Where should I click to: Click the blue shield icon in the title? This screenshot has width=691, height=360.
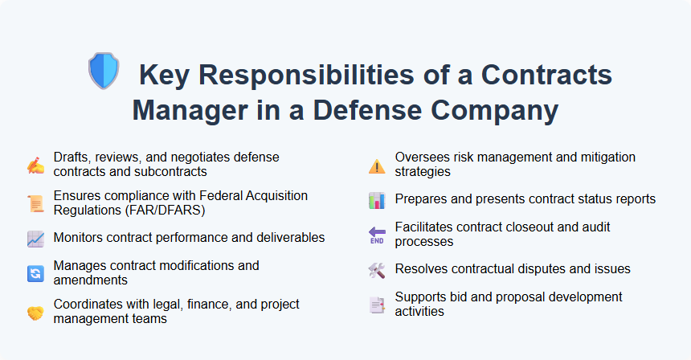(x=103, y=70)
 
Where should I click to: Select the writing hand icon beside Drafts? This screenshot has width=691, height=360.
(x=35, y=165)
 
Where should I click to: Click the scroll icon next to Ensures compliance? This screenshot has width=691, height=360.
(x=35, y=203)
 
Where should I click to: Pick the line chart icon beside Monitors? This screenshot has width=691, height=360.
(x=35, y=239)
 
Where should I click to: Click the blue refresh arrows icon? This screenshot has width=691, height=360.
(x=35, y=273)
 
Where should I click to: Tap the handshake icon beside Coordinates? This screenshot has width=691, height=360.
(x=35, y=312)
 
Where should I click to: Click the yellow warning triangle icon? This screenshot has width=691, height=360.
(x=377, y=166)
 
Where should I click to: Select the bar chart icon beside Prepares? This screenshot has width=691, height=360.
(x=377, y=200)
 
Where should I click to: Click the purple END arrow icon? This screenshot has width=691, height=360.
(x=377, y=235)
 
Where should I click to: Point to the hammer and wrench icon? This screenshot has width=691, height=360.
(x=377, y=270)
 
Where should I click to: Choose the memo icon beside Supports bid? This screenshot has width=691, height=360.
(x=377, y=305)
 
